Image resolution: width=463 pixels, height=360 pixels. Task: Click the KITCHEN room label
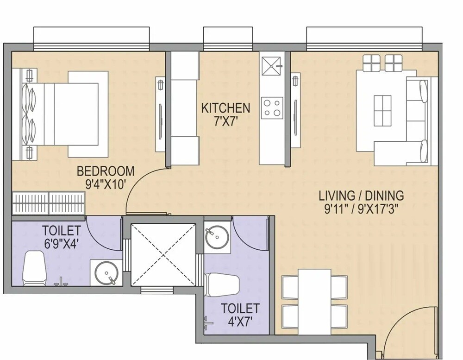click(225, 108)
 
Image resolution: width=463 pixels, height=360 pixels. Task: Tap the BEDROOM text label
click(106, 171)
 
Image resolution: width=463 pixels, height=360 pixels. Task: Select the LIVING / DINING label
click(361, 196)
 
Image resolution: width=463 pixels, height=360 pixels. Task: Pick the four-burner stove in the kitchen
click(272, 108)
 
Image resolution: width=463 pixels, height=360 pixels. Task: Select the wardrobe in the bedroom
click(49, 203)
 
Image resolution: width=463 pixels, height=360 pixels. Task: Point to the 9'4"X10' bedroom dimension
click(106, 184)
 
